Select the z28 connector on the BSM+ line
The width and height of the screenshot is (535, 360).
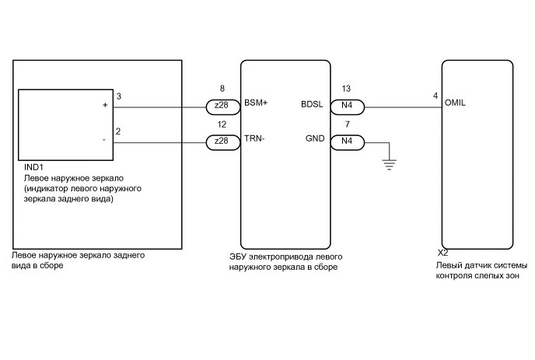click(222, 106)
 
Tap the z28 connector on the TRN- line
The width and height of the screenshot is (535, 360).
click(222, 142)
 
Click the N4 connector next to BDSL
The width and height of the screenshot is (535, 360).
click(347, 106)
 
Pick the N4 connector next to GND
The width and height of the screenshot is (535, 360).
click(347, 142)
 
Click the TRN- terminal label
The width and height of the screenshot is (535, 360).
click(254, 139)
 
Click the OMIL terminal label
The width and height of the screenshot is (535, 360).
click(456, 103)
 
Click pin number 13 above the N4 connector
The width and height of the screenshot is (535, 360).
click(347, 89)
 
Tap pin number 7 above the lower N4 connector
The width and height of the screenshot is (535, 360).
click(347, 125)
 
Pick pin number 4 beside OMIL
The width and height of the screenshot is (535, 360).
click(435, 96)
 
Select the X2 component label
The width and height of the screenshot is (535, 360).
click(442, 253)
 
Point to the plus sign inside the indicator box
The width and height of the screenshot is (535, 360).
click(105, 105)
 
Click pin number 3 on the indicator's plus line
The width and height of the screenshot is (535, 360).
click(118, 96)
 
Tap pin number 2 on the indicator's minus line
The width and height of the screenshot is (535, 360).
click(118, 132)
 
